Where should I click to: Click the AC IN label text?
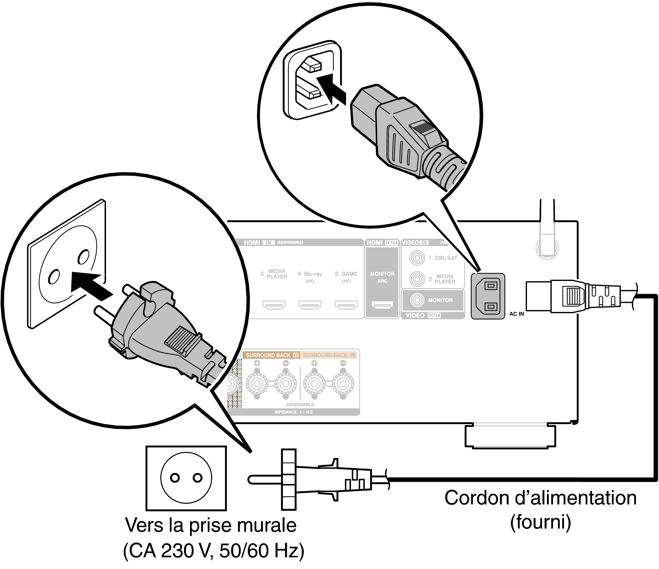(x=516, y=314)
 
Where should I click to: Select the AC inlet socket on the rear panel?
(x=488, y=296)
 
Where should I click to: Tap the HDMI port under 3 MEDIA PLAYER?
(x=274, y=305)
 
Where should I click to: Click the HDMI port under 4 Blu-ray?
(x=310, y=305)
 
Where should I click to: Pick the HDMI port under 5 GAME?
(x=346, y=305)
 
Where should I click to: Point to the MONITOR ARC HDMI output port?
(x=382, y=305)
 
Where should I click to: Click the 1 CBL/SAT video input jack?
(x=417, y=258)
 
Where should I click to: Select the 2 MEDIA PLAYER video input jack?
(x=417, y=279)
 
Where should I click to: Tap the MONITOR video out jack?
(x=417, y=300)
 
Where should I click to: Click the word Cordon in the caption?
(x=476, y=498)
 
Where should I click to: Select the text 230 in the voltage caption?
(x=174, y=551)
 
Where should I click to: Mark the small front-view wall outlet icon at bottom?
(x=186, y=478)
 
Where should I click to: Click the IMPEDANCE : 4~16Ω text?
(x=294, y=412)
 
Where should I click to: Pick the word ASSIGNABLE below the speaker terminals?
(x=300, y=404)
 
